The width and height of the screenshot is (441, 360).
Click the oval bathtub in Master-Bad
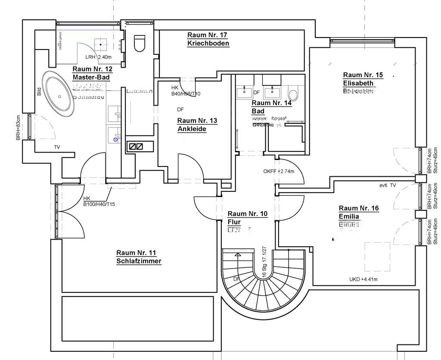point(58,92)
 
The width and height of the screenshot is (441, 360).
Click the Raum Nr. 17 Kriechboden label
point(208,39)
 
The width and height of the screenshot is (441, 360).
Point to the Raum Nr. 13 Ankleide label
point(197,125)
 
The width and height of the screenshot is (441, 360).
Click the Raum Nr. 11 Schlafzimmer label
point(139,257)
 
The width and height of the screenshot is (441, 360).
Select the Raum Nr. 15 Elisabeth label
point(363,78)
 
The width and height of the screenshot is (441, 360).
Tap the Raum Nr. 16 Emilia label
point(358,212)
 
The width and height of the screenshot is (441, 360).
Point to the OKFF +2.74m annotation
point(278,172)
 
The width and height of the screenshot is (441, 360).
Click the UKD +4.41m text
point(363,279)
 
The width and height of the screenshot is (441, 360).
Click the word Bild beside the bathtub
point(38,92)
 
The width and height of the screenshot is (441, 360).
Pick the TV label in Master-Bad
point(57,147)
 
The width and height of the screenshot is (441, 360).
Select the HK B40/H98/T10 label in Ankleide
point(186,91)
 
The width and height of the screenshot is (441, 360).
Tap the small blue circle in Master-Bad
point(115,139)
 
